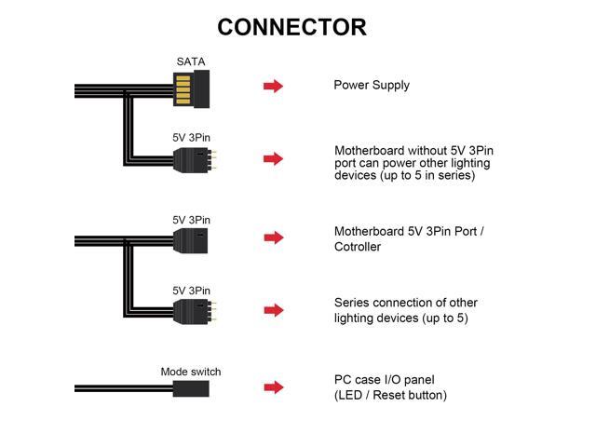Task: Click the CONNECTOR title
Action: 291,27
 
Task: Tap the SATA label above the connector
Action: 191,61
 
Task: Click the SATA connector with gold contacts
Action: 191,89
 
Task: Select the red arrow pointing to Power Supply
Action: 273,86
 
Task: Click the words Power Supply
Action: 372,85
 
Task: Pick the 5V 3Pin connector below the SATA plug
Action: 195,159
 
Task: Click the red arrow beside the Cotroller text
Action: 274,237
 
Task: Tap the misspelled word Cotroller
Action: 358,247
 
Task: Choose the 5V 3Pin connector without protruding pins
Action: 190,240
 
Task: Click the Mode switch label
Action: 190,372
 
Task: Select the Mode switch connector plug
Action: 191,388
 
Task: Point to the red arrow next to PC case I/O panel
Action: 274,387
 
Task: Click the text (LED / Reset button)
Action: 390,395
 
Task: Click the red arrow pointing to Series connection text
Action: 274,310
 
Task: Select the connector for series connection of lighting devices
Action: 195,312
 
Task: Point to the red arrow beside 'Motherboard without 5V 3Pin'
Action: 273,158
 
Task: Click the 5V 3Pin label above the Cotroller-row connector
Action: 191,220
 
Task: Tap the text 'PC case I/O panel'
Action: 384,380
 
